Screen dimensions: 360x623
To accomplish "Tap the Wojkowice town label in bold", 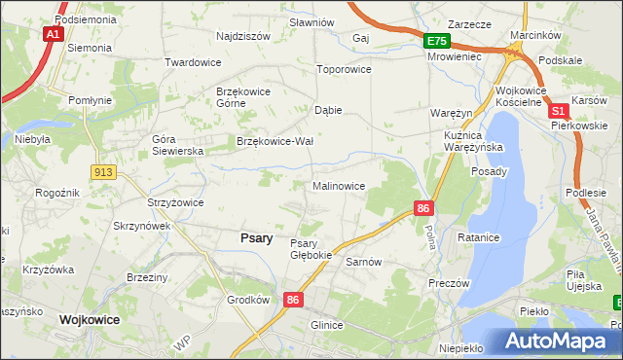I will [94, 319].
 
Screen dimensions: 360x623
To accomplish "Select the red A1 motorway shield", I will [54, 34].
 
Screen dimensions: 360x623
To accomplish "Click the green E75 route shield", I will [436, 41].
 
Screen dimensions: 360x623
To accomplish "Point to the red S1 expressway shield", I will [559, 112].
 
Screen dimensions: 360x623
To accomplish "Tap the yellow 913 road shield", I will [104, 171].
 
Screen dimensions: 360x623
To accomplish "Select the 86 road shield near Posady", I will [422, 208].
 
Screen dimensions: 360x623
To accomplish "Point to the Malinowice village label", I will [338, 186].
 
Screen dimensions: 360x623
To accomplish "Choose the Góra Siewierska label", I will [177, 145].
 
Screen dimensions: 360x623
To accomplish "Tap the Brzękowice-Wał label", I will [275, 141].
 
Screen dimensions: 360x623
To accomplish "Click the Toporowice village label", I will [345, 70].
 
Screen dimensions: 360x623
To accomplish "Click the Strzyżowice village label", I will [175, 202].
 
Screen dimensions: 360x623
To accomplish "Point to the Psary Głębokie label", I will [311, 249].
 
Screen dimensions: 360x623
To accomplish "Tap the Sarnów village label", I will [363, 263].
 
